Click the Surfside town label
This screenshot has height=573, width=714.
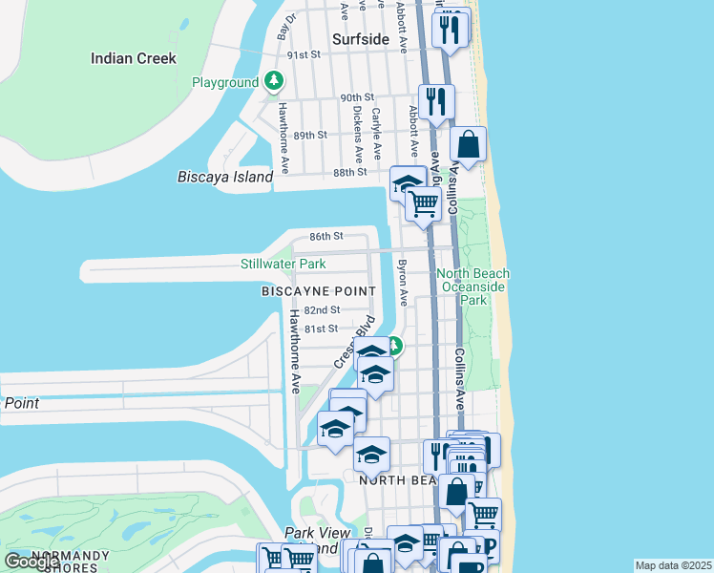(x=361, y=39)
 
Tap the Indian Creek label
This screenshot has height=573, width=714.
(x=134, y=58)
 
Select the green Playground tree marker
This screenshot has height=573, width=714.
(x=275, y=81)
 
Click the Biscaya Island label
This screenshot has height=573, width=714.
(x=225, y=177)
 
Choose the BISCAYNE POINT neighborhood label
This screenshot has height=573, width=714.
(x=320, y=290)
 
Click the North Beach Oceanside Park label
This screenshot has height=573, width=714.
(x=473, y=286)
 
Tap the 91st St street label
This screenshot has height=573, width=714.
(x=305, y=54)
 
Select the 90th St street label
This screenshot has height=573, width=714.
(x=356, y=97)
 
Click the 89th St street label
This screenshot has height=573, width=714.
(x=310, y=135)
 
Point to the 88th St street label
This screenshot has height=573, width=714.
(x=350, y=172)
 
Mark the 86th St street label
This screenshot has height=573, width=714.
(x=325, y=236)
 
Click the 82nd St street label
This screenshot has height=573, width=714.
(x=323, y=310)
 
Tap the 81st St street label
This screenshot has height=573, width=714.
(x=321, y=329)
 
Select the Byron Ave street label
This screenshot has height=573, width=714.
(x=403, y=283)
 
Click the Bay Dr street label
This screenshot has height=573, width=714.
(x=286, y=25)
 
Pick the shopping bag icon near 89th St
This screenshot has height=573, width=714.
(x=468, y=145)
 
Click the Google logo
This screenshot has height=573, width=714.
(x=32, y=562)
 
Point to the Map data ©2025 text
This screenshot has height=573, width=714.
(x=674, y=565)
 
